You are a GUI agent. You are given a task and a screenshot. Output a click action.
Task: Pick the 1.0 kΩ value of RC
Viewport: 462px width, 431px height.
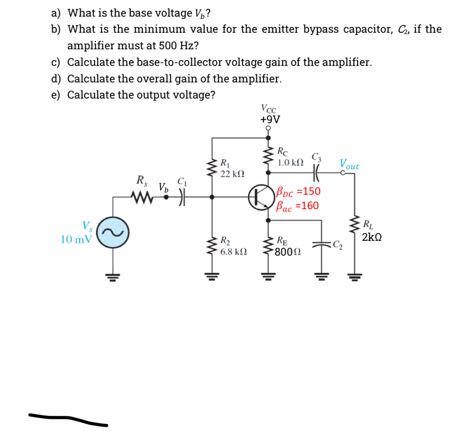coord(290,162)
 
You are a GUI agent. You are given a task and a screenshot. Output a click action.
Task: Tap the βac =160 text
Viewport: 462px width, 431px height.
coord(298,206)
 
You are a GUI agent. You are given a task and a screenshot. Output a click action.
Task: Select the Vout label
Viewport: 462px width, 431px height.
coord(349,164)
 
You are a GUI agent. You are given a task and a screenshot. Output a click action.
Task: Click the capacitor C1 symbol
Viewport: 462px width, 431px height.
coord(182,196)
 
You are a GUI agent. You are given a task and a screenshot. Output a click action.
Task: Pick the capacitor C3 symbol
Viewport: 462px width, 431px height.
coord(316,171)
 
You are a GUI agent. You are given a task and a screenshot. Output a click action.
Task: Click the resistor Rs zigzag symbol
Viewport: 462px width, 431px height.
coord(142,196)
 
